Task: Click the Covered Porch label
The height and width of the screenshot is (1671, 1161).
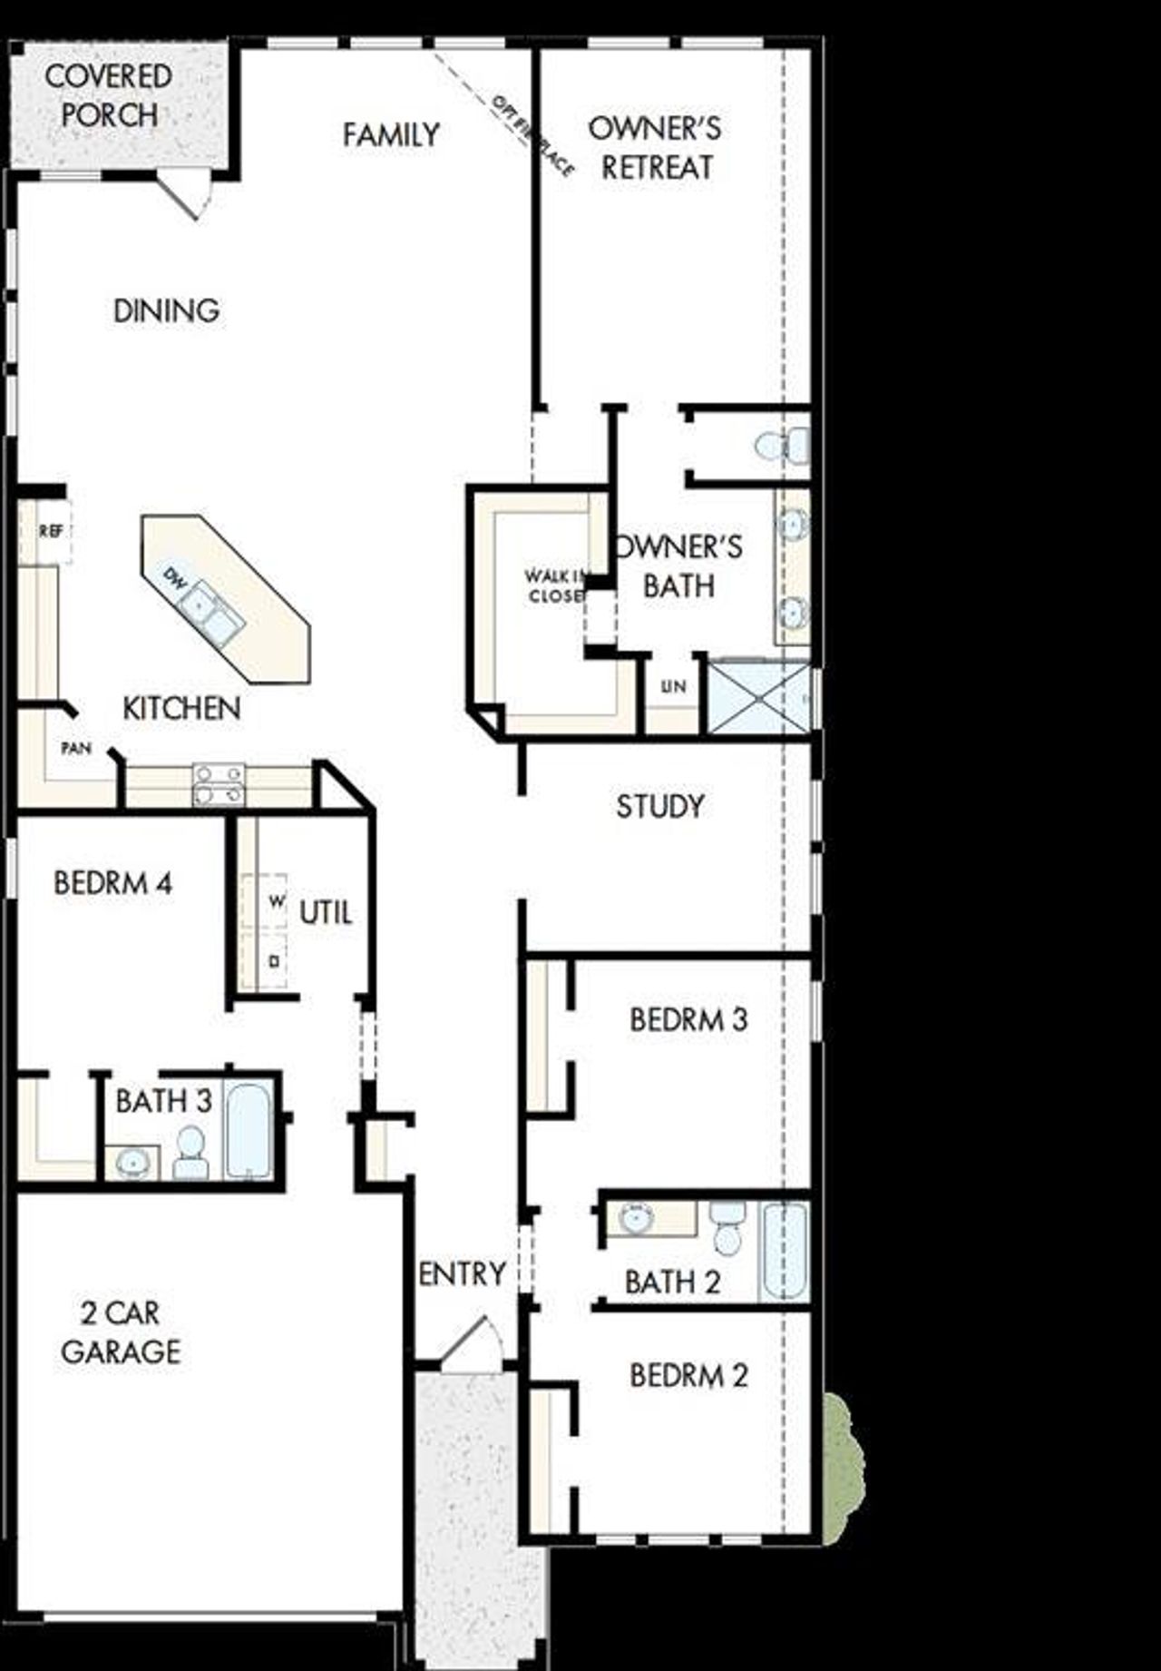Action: tap(109, 95)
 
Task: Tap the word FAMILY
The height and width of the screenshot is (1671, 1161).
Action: tap(391, 135)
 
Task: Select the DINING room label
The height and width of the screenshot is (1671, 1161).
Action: tap(166, 311)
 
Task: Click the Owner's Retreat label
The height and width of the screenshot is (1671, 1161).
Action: tap(656, 148)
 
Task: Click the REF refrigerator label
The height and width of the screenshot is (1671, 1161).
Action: tap(51, 532)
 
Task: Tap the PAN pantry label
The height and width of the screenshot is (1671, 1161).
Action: tap(76, 748)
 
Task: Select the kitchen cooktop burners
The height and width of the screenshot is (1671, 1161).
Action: tap(219, 784)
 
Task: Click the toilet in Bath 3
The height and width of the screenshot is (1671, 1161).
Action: tap(190, 1153)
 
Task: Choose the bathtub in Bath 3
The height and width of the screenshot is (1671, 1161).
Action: tap(249, 1131)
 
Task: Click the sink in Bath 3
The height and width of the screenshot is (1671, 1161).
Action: tap(132, 1162)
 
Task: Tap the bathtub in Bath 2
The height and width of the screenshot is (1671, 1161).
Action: tap(785, 1250)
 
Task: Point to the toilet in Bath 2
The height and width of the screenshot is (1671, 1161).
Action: tap(727, 1226)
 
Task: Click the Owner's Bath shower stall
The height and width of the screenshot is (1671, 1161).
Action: tap(757, 697)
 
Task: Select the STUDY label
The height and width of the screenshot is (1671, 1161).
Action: tap(659, 806)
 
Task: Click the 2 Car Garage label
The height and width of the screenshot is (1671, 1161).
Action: tap(121, 1332)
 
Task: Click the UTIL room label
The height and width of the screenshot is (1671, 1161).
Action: tap(326, 912)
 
